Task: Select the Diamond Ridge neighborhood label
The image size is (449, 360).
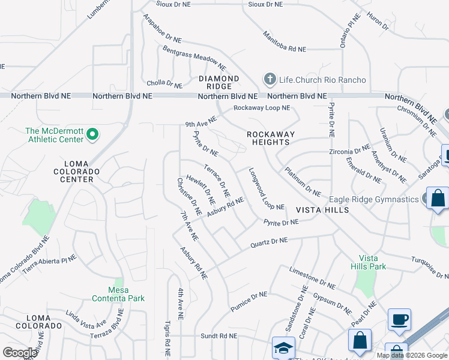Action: point(219,82)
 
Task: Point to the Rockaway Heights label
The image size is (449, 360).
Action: point(268,138)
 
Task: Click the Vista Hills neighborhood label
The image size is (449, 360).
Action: point(322,210)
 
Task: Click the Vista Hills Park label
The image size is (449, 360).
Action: point(369,262)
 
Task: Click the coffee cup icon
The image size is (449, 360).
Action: point(399,319)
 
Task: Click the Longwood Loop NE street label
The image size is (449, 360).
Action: point(266,188)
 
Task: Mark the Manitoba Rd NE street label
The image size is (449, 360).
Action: point(285,40)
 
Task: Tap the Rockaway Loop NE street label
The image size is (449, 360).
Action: point(262,108)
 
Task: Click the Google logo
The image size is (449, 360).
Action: point(20,352)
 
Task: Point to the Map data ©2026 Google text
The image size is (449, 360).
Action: point(412,355)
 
